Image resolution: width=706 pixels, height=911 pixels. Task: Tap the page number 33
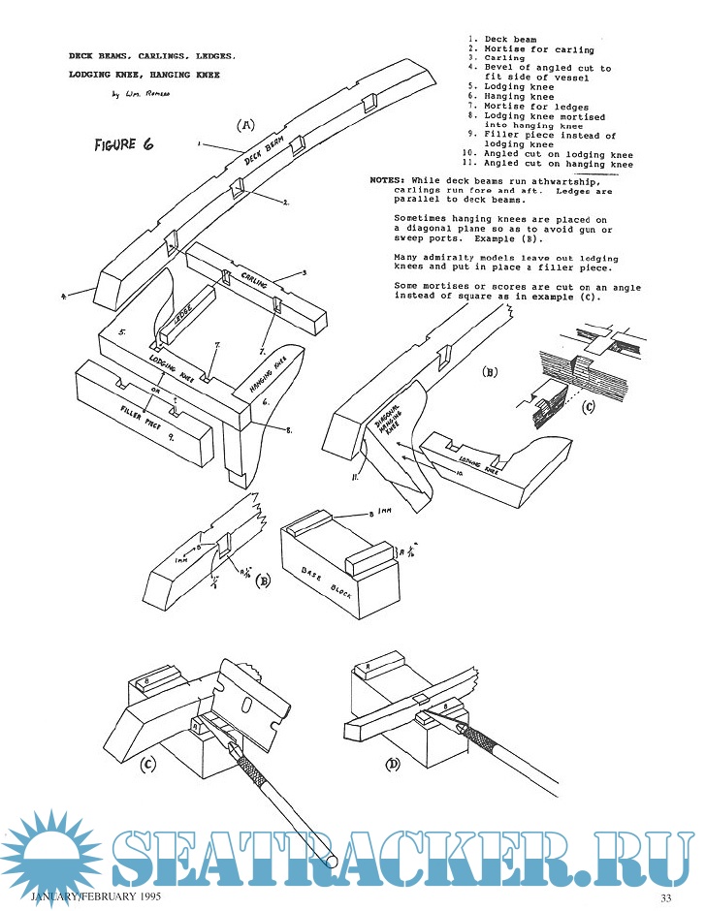666,897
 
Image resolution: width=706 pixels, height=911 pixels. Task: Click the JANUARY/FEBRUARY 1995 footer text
97,897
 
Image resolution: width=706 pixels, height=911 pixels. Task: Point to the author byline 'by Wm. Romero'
141,94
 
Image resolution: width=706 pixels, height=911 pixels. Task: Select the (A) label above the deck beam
246,124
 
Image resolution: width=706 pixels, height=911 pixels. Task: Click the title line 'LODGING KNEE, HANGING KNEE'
144,74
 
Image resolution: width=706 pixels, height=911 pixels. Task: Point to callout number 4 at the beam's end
63,298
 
